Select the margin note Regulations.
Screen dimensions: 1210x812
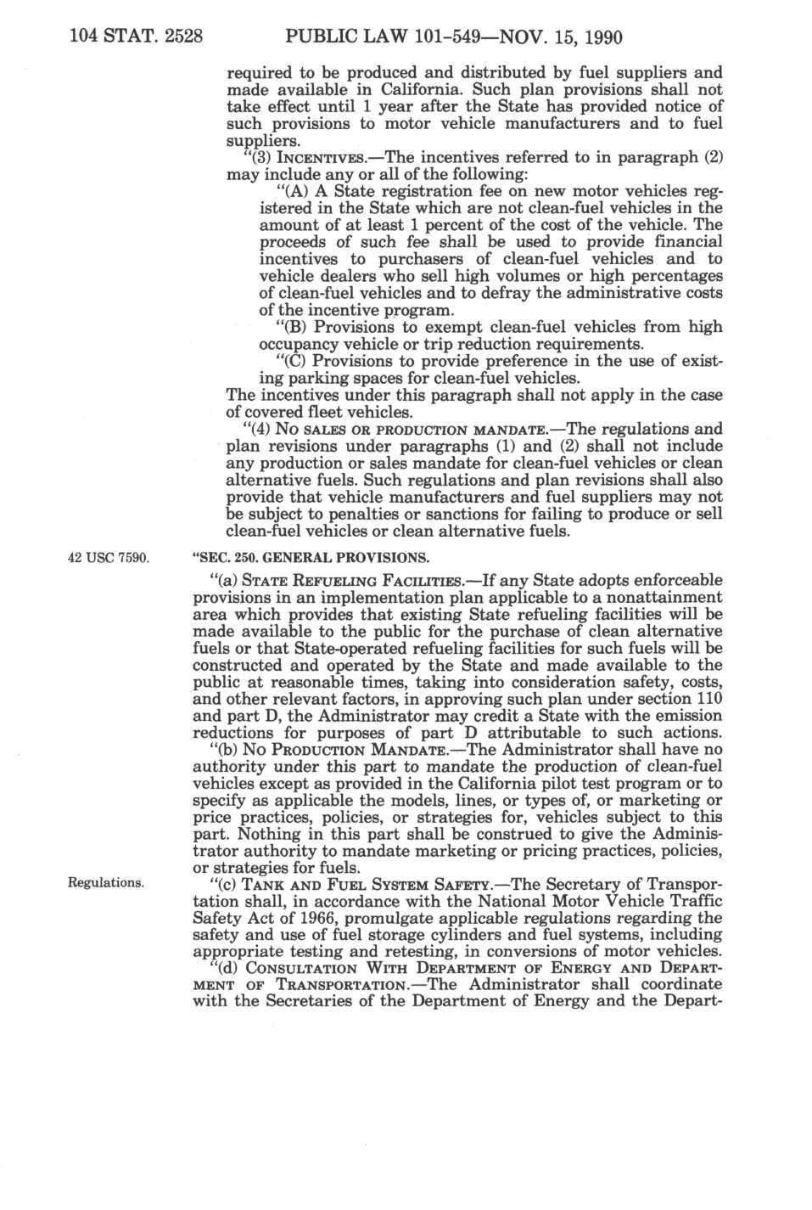point(106,882)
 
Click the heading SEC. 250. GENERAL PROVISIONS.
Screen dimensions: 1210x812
point(311,558)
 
